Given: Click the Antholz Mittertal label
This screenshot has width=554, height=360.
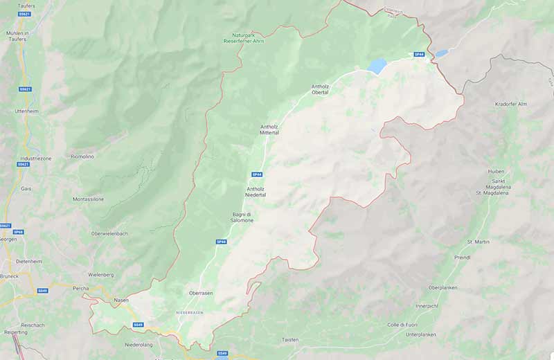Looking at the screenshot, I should click(x=269, y=129).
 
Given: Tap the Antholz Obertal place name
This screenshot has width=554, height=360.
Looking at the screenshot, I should click(x=320, y=89).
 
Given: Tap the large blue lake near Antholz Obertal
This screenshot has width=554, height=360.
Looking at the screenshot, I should click(x=377, y=66).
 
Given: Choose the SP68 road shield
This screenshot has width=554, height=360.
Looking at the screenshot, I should click(x=19, y=232).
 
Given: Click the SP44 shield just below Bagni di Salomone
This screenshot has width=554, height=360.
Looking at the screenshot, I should click(x=221, y=242).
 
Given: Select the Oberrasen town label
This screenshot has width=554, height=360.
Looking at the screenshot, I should click(x=201, y=293).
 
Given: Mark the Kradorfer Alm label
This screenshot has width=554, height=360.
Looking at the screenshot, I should click(x=511, y=103).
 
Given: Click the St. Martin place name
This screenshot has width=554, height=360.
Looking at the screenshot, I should click(x=478, y=242).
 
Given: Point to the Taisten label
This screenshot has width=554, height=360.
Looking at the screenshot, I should click(x=290, y=339).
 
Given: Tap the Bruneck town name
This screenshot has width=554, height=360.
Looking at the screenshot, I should click(x=9, y=276).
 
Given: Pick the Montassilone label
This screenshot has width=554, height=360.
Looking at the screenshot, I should click(x=88, y=199).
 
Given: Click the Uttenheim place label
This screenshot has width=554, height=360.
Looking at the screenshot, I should click(x=26, y=111).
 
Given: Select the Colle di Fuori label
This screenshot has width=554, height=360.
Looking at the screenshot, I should click(x=402, y=325).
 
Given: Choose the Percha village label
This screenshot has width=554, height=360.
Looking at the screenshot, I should click(x=81, y=287).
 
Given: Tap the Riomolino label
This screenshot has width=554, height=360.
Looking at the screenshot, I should click(x=82, y=156).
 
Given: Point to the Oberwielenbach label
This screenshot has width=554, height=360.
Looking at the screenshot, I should click(x=109, y=233).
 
